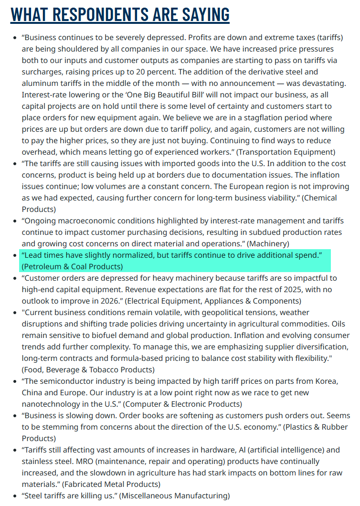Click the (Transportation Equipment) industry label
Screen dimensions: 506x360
286,152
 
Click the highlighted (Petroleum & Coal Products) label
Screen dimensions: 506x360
72,266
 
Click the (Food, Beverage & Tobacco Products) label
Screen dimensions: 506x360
88,369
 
